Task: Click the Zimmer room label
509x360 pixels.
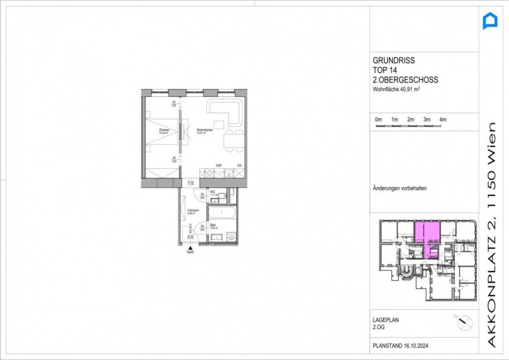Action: (163, 131)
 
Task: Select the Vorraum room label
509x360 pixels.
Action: (193, 211)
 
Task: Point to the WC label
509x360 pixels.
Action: (212, 191)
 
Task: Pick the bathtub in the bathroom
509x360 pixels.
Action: (222, 213)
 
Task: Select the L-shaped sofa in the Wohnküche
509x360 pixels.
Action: (227, 111)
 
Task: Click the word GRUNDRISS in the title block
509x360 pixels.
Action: (394, 61)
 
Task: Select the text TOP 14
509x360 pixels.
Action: (385, 70)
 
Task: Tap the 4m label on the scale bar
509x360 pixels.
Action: (443, 119)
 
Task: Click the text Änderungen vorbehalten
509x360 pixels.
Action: (400, 188)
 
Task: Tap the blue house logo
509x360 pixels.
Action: (490, 22)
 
